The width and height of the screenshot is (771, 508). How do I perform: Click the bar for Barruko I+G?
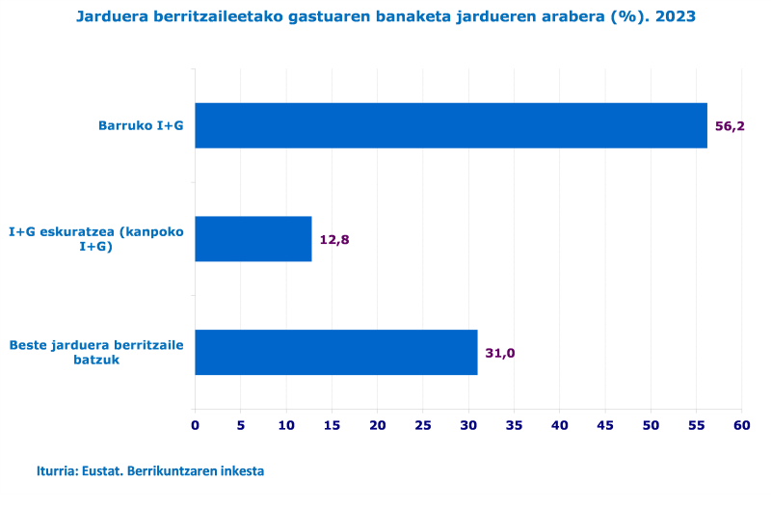(x=451, y=125)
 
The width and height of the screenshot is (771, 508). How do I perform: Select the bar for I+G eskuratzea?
(x=253, y=239)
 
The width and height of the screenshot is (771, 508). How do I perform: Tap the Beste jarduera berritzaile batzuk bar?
(x=336, y=352)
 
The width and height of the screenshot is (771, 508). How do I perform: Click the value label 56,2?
(x=730, y=126)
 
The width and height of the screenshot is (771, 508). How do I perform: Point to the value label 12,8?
(x=333, y=240)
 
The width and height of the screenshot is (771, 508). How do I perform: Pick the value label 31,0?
(x=499, y=353)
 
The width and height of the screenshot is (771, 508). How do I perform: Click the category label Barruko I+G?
(x=141, y=125)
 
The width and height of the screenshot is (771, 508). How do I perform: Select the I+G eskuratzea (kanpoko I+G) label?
(x=96, y=239)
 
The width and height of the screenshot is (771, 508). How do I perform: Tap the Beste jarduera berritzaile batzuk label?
(x=96, y=352)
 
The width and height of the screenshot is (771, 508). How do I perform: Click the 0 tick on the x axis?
(x=195, y=425)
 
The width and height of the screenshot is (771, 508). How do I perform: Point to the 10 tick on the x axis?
(x=286, y=425)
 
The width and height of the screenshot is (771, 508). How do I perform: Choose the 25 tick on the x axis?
(x=423, y=425)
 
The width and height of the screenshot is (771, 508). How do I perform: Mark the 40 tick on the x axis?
(x=560, y=425)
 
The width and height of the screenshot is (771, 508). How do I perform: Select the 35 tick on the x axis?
(x=514, y=425)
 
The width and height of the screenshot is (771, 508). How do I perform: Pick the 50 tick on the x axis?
(x=651, y=425)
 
